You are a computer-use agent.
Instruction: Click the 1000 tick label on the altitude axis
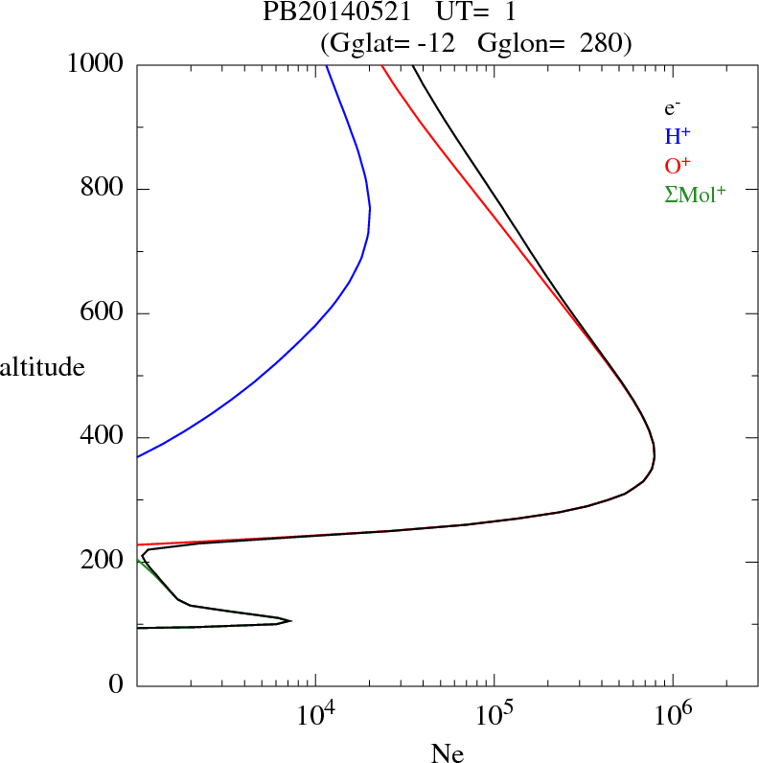96,64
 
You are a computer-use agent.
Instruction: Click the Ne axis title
447,753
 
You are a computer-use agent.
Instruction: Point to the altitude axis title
42,366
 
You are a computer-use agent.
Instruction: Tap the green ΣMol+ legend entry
695,194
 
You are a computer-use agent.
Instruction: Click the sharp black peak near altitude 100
290,620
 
